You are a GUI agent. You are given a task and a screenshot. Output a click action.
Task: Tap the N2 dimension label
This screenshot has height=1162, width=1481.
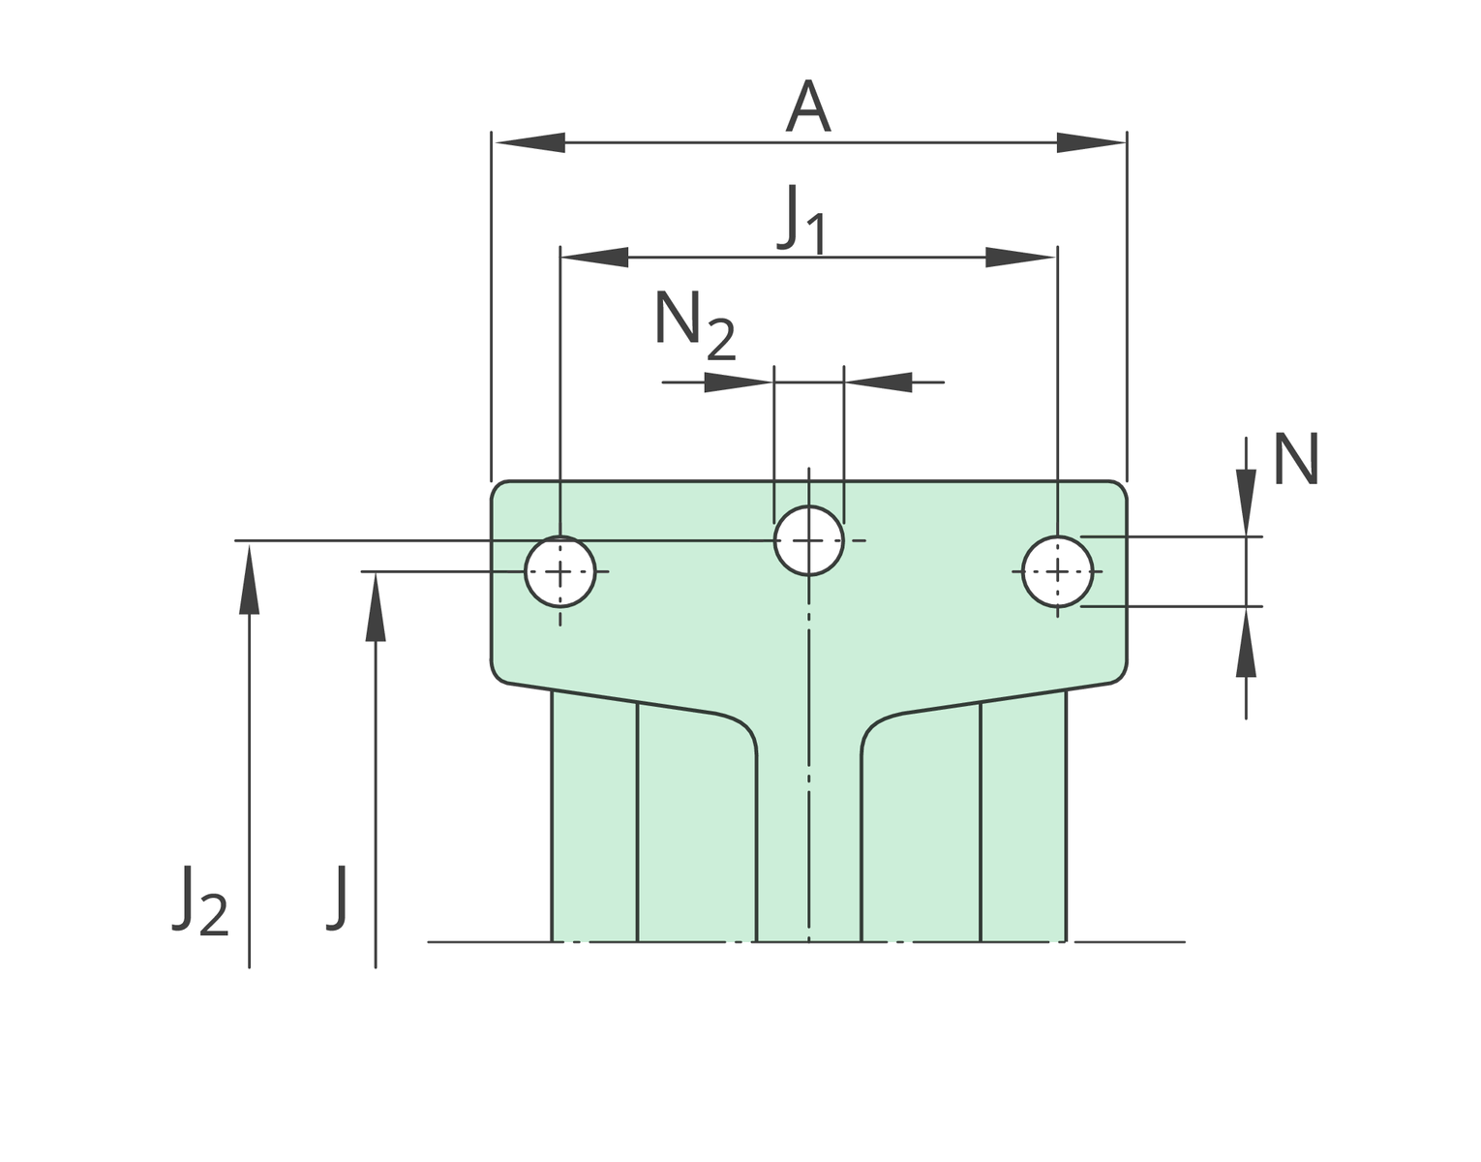[x=694, y=324]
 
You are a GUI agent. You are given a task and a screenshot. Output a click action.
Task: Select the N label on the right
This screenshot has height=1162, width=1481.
[x=1295, y=460]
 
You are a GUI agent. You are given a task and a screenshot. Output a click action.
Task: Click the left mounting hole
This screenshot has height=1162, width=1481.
[x=559, y=571]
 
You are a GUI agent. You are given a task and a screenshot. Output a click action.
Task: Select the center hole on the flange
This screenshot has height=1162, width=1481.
[x=808, y=540]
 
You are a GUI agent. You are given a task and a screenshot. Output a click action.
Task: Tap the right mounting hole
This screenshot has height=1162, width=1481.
[x=1057, y=571]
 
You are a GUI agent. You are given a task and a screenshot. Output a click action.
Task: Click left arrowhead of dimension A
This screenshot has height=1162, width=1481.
[x=529, y=143]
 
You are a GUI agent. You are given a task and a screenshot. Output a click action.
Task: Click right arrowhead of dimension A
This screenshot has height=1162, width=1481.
[x=1091, y=143]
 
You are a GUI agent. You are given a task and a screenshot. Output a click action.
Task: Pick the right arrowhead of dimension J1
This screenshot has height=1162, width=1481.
[x=1021, y=258]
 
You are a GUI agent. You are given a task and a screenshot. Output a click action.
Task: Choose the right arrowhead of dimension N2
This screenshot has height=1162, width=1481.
[x=880, y=382]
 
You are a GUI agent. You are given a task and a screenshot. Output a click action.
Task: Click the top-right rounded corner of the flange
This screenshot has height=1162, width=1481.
[x=1119, y=489]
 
